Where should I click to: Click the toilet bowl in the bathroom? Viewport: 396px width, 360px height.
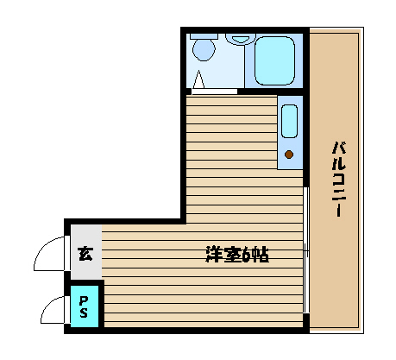click(x=204, y=49)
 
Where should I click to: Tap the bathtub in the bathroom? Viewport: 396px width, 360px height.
click(x=274, y=60)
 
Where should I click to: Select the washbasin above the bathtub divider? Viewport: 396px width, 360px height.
click(x=241, y=39)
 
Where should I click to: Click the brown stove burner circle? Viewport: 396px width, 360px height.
click(x=289, y=155)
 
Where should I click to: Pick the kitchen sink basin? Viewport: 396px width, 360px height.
click(x=289, y=121)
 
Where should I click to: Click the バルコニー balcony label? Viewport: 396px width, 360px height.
click(x=339, y=179)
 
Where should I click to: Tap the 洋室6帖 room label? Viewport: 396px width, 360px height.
click(x=237, y=255)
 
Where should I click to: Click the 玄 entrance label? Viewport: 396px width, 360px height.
click(x=85, y=253)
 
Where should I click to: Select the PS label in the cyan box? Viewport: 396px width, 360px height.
click(x=84, y=306)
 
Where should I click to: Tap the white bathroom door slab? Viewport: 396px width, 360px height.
click(x=214, y=92)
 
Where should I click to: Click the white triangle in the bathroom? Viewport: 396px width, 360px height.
click(x=198, y=79)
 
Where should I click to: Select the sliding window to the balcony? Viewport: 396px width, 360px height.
click(x=306, y=250)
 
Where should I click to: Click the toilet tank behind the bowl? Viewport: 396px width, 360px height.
click(x=204, y=36)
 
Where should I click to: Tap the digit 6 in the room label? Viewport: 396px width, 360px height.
click(x=248, y=255)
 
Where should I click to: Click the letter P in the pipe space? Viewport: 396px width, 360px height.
click(x=84, y=301)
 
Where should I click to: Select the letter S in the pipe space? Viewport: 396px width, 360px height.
click(x=84, y=313)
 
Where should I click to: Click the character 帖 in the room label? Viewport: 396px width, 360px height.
click(x=261, y=255)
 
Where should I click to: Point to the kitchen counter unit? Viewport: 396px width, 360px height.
click(x=290, y=132)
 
